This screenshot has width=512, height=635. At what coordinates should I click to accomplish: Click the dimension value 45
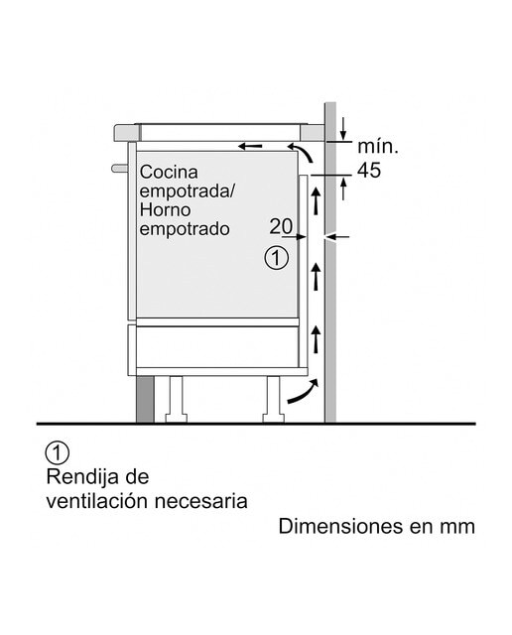pyautogui.click(x=369, y=170)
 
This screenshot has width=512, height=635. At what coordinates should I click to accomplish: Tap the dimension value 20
pyautogui.click(x=281, y=226)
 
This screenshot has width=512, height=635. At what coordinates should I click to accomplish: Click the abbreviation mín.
pyautogui.click(x=377, y=146)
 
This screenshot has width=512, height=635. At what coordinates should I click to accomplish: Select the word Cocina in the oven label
pyautogui.click(x=169, y=172)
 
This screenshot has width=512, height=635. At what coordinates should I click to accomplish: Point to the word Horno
pyautogui.click(x=165, y=209)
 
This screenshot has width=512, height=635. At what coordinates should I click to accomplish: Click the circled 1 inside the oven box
pyautogui.click(x=277, y=258)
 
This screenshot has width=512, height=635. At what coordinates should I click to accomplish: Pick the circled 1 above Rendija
pyautogui.click(x=58, y=453)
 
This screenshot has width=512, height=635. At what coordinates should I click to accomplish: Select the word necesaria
pyautogui.click(x=200, y=501)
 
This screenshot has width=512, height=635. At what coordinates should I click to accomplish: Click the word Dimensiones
pyautogui.click(x=340, y=527)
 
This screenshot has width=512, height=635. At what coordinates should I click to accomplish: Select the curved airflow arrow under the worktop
pyautogui.click(x=302, y=151)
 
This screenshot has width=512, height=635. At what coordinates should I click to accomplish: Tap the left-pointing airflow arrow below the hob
pyautogui.click(x=250, y=146)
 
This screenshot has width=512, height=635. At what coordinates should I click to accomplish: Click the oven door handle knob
pyautogui.click(x=119, y=168)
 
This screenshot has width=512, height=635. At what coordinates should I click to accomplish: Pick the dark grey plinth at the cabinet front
pyautogui.click(x=146, y=399)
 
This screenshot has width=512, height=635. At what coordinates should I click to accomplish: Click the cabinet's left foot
pyautogui.click(x=176, y=399)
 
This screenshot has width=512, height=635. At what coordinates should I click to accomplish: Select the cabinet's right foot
pyautogui.click(x=274, y=399)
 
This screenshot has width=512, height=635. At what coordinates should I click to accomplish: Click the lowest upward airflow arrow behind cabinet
pyautogui.click(x=316, y=339)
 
